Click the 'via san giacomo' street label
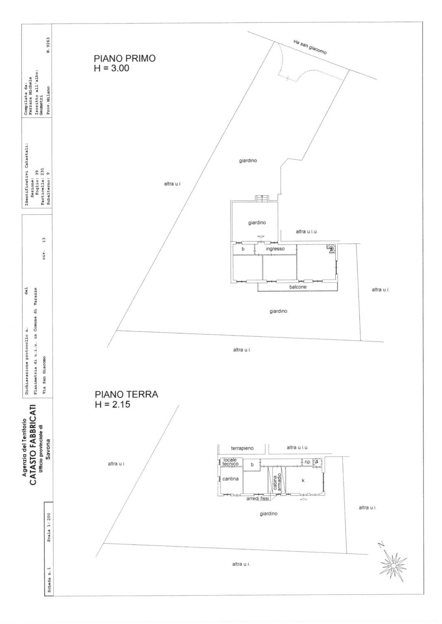point(310,47)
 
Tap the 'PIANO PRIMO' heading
point(125,59)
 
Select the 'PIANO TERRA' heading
point(126,394)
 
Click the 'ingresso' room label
point(275,249)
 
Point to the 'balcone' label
point(298,287)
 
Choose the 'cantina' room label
point(230,479)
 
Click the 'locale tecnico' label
point(230,462)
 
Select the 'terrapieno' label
point(242,448)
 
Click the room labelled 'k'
point(303,480)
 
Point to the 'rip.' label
point(307,462)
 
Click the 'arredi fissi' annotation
point(258,499)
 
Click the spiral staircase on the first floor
point(331,248)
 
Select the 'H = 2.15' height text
point(112,404)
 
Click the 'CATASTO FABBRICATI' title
point(33,445)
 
